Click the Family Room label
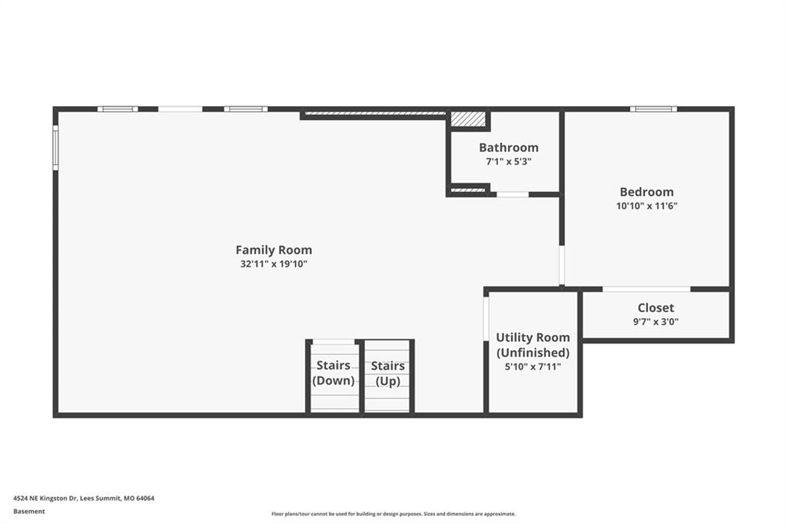(274, 250)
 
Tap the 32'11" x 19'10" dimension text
(274, 264)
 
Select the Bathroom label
(509, 148)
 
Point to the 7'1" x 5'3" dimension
(509, 161)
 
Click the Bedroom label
(646, 192)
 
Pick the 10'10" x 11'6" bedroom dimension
(646, 206)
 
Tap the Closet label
(656, 307)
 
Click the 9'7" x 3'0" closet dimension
(656, 322)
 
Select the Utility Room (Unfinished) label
(533, 345)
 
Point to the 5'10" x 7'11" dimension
(533, 366)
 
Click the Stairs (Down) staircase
(334, 377)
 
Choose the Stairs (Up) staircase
(387, 377)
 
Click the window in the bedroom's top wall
(653, 109)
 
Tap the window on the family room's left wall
(55, 148)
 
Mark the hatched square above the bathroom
(468, 119)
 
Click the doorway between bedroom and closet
(646, 289)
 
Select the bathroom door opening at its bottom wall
(513, 194)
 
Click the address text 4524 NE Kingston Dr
(45, 499)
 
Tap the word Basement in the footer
(29, 512)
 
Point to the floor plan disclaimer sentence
(393, 514)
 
